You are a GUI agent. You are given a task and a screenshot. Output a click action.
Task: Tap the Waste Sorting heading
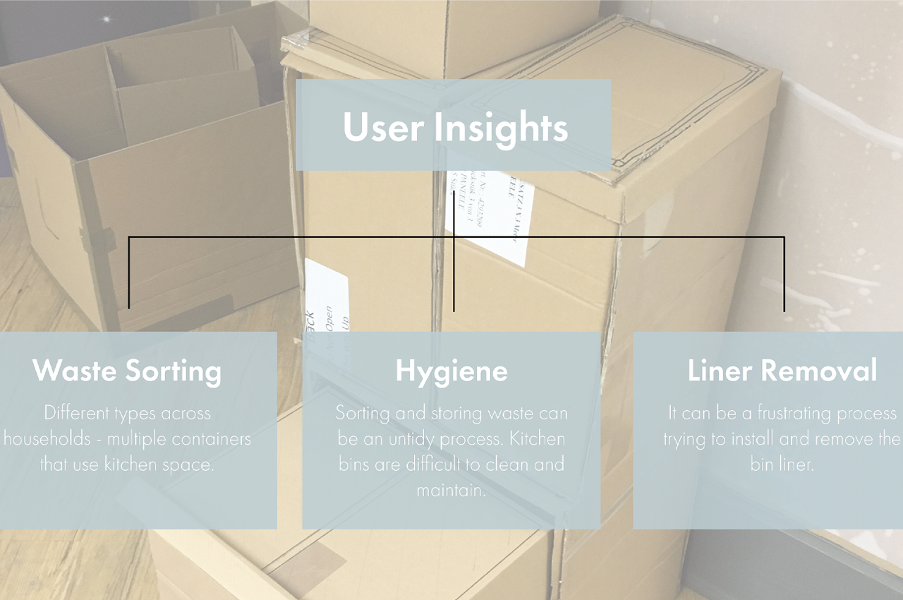(127, 371)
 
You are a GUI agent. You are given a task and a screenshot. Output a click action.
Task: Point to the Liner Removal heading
(782, 371)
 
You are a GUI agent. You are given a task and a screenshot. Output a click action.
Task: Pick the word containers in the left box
(214, 438)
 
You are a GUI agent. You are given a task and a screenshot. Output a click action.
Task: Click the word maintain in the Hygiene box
(451, 489)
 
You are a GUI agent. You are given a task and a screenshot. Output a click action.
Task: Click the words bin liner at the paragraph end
(782, 464)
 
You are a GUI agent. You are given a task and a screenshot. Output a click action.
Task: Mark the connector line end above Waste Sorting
(129, 308)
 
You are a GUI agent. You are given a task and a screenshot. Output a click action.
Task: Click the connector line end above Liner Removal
(784, 309)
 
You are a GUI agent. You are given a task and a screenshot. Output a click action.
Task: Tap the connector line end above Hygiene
(454, 309)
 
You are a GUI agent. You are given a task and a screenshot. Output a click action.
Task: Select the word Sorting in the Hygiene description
(362, 413)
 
